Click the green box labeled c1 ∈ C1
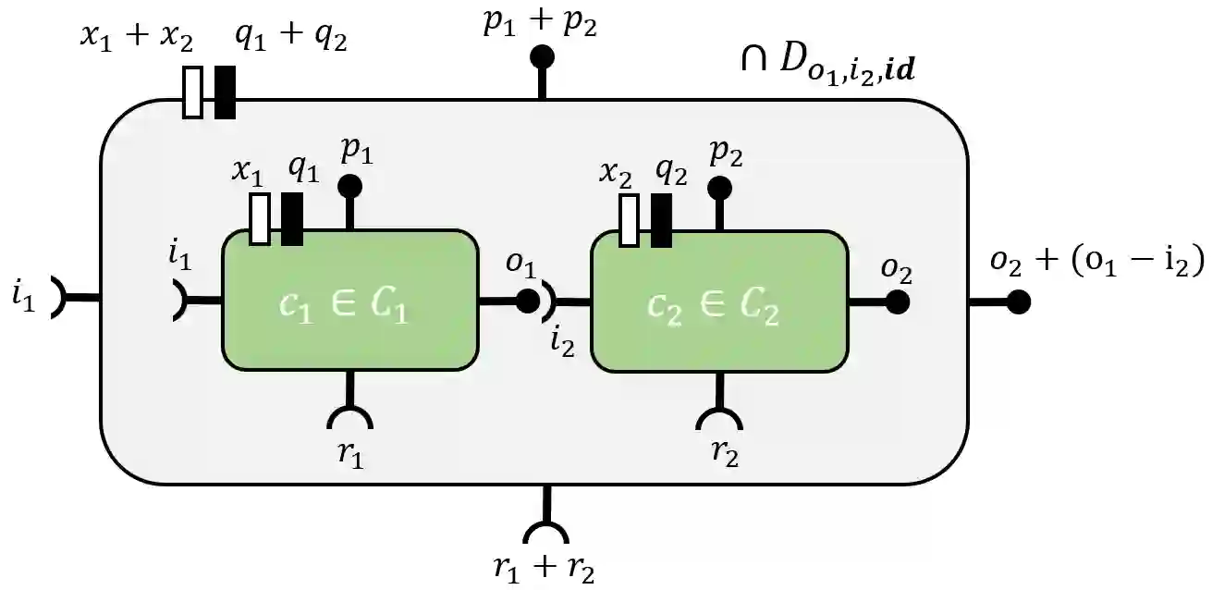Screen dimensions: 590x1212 click(349, 300)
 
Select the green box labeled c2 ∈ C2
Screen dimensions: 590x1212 click(718, 300)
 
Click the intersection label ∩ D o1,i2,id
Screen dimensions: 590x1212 click(827, 67)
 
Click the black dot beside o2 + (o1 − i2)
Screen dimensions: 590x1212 click(1018, 301)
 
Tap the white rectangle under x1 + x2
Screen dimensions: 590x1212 click(192, 92)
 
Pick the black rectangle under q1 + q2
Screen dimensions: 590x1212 click(225, 92)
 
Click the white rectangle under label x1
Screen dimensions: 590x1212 click(261, 219)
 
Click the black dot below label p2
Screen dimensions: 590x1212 click(719, 189)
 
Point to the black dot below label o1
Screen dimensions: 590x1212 click(527, 301)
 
